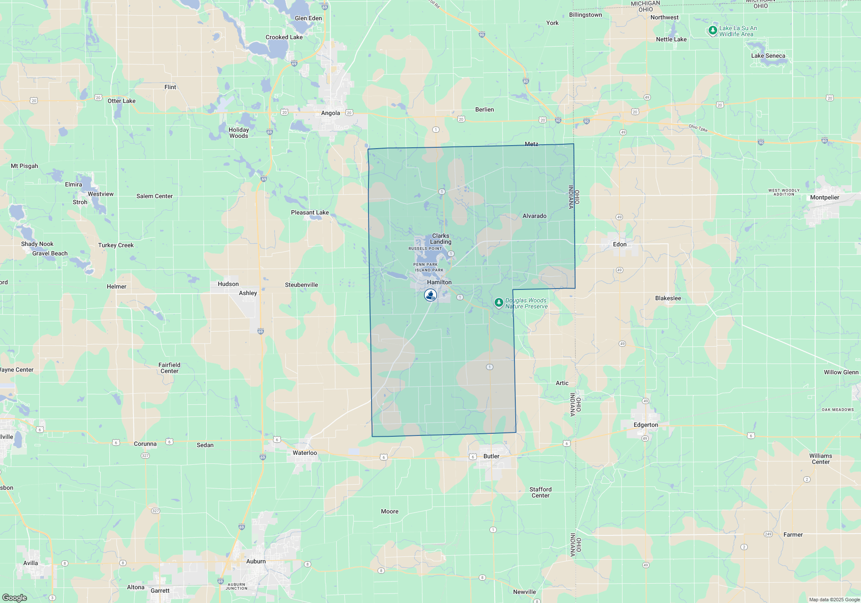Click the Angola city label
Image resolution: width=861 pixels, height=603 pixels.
tap(330, 113)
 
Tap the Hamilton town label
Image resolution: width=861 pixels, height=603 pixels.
tap(439, 282)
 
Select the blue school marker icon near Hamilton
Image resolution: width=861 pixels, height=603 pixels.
tap(430, 295)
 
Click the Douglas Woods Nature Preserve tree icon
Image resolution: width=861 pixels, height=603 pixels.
tap(499, 303)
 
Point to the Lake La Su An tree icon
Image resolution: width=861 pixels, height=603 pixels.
tap(712, 31)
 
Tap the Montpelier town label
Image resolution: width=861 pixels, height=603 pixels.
tap(824, 198)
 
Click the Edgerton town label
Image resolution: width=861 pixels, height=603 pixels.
tap(646, 425)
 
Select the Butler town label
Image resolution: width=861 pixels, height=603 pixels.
tap(491, 456)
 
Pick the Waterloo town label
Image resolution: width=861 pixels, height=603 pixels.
tap(305, 453)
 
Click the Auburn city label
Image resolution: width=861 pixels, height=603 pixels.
tap(256, 561)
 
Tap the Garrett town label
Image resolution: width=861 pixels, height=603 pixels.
tap(160, 591)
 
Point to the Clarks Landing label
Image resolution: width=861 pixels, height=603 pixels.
tap(441, 239)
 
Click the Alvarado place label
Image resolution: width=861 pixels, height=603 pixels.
tap(534, 216)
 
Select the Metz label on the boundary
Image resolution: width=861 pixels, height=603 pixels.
tap(531, 144)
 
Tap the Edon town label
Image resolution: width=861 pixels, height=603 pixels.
tap(619, 244)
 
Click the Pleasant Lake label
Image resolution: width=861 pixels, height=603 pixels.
tap(310, 212)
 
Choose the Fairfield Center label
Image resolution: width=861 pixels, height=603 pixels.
tap(169, 368)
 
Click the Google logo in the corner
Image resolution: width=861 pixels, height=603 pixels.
tap(14, 598)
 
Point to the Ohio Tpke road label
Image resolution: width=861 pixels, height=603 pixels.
tap(698, 128)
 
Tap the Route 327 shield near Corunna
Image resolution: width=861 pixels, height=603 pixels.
tap(145, 456)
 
